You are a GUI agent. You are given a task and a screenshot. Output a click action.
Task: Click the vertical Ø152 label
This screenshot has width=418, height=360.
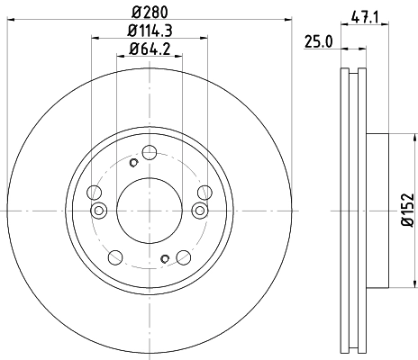406,209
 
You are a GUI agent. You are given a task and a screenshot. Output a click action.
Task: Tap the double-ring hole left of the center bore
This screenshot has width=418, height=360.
100,211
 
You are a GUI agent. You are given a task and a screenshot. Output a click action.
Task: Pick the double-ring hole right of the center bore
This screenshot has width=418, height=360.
199,211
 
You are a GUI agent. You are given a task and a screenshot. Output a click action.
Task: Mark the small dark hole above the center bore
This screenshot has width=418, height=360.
133,163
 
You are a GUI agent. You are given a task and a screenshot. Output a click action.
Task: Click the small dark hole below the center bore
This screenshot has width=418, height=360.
165,260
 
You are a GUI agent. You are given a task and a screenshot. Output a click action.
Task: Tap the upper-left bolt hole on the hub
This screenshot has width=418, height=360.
95,191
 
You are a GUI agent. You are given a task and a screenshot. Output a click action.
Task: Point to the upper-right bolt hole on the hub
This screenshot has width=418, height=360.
204,191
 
